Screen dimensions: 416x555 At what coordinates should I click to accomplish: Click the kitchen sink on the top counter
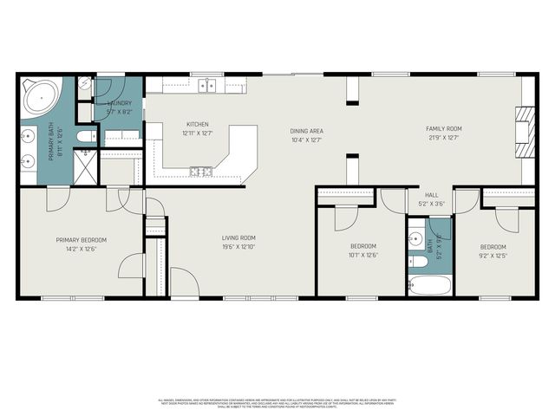click(x=207, y=85)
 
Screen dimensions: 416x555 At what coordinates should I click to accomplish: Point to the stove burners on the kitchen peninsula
click(x=201, y=172)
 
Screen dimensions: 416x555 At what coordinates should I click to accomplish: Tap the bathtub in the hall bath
click(x=428, y=284)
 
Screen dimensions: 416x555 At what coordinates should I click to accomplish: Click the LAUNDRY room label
click(x=118, y=103)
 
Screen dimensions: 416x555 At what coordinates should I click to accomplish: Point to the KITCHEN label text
click(x=198, y=124)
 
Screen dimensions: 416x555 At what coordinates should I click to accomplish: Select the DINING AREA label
click(x=306, y=131)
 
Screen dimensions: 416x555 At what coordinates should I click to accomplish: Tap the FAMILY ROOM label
click(x=441, y=129)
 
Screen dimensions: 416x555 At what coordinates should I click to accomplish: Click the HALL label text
click(x=431, y=195)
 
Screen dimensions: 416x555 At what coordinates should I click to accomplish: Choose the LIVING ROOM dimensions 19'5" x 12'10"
click(x=238, y=246)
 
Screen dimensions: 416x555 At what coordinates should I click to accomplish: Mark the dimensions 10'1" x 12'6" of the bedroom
click(x=363, y=255)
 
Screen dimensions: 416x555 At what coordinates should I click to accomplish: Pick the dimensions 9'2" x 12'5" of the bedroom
click(x=493, y=255)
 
